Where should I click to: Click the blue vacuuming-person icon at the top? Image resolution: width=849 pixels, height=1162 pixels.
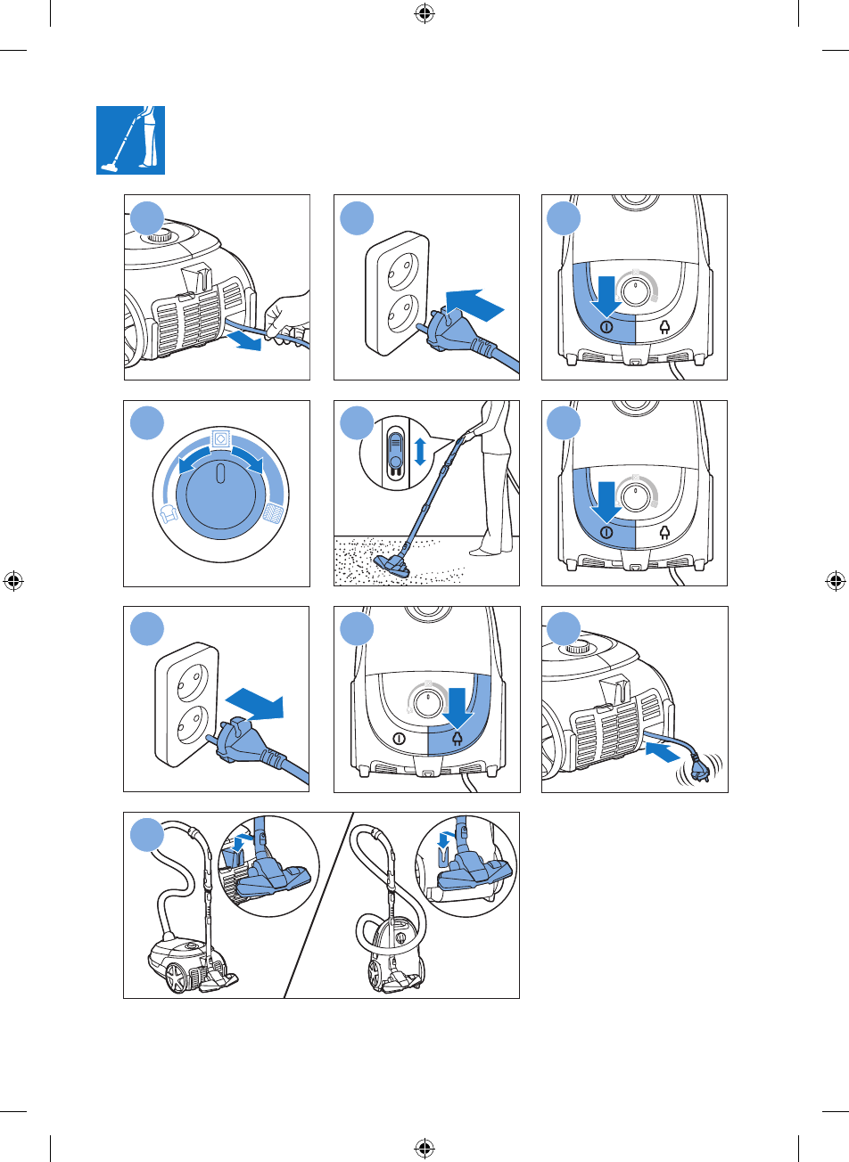(130, 140)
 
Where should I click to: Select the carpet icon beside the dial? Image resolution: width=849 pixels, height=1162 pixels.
(274, 512)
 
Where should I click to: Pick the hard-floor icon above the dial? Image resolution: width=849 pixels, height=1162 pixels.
(221, 438)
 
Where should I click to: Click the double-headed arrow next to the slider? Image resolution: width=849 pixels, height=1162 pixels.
(421, 451)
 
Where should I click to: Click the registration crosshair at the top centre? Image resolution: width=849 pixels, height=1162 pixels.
(424, 13)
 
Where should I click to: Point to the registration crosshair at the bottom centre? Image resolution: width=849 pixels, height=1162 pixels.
(424, 1147)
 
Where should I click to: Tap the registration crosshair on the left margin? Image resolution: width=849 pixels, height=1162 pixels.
(13, 581)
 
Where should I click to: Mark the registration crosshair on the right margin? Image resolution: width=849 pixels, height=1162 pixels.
(836, 581)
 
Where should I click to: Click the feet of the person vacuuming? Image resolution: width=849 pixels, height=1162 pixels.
(487, 550)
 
